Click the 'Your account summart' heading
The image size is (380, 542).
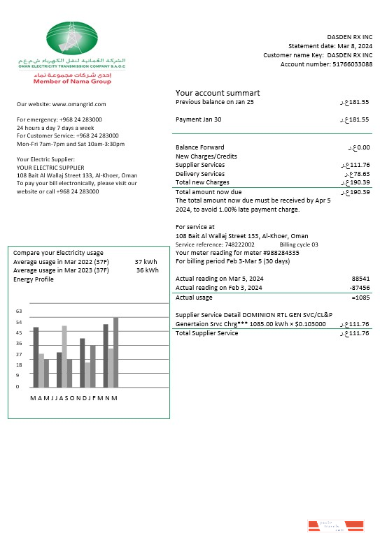click(218, 93)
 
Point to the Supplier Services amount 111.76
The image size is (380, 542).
click(357, 165)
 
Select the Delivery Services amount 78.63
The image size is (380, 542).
click(358, 174)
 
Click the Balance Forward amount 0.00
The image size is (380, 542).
click(360, 147)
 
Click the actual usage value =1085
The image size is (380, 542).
click(360, 298)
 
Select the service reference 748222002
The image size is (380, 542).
click(235, 245)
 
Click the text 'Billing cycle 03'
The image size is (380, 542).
click(299, 245)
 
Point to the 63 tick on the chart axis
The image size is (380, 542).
click(20, 312)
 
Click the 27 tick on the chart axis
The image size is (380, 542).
click(20, 354)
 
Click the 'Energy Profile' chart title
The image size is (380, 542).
click(34, 279)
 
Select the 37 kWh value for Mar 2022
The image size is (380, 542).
click(146, 262)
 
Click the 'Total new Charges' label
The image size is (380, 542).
click(202, 182)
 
